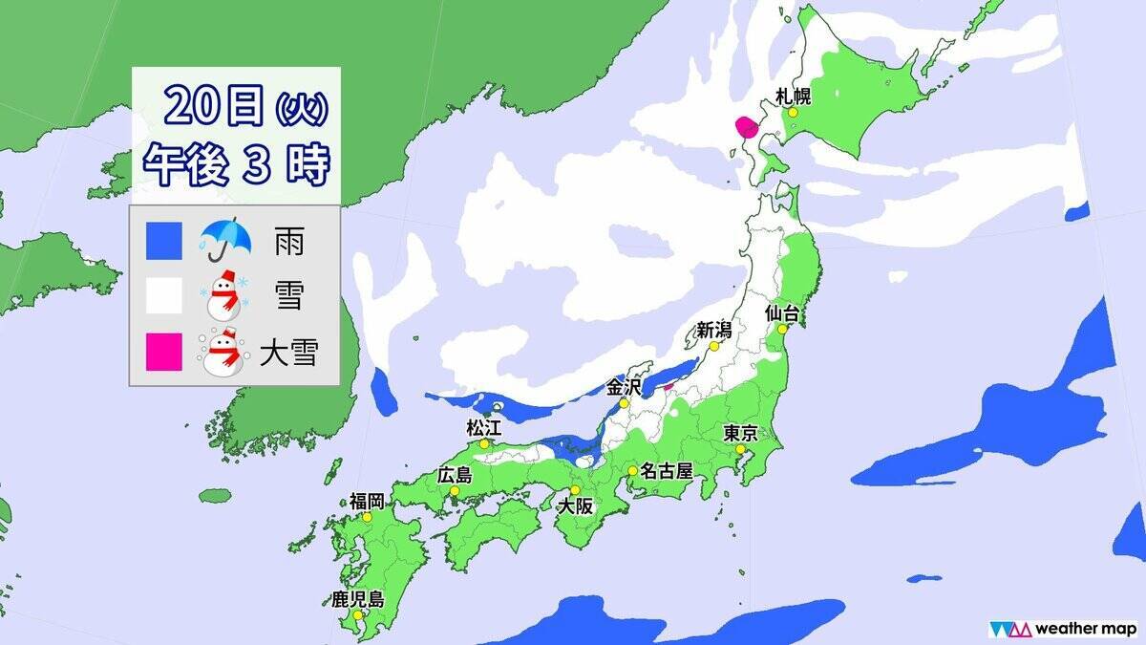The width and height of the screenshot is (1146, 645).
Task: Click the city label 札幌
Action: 795,95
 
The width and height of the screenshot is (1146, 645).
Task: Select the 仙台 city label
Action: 782,312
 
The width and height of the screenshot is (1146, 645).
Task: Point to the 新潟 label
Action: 713,331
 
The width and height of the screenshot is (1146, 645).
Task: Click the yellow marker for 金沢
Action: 623,404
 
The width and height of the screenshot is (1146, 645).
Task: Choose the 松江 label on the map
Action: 483,426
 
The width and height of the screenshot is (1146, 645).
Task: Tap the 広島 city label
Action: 454,475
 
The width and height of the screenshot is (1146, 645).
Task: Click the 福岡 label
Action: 367,501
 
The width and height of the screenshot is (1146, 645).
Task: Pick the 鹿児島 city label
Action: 357,600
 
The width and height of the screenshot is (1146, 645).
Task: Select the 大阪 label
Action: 577,507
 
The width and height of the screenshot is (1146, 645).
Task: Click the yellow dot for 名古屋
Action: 632,471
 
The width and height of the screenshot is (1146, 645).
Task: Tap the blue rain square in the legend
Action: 163,242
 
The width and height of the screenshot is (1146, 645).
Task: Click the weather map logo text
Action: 1085,628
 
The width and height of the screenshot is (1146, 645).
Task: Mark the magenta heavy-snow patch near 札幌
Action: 745,127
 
